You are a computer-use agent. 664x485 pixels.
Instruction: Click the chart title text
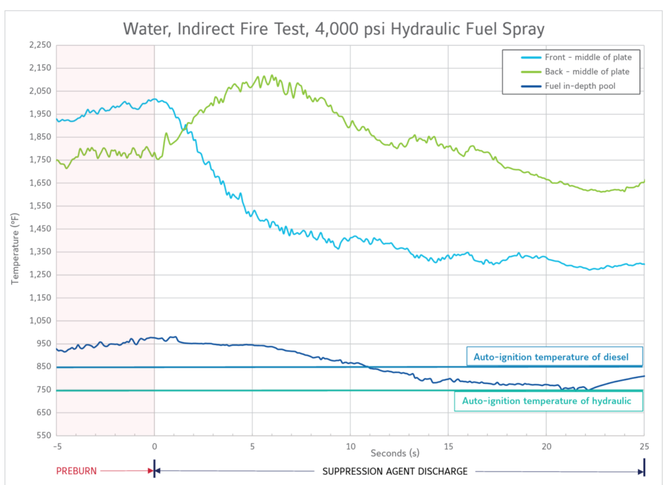click(x=331, y=28)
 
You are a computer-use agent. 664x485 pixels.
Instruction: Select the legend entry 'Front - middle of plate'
click(x=587, y=57)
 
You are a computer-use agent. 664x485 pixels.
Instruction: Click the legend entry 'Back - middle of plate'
click(x=587, y=71)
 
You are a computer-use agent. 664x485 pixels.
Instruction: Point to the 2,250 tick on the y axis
click(x=40, y=45)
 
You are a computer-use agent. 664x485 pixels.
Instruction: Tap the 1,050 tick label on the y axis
click(x=40, y=321)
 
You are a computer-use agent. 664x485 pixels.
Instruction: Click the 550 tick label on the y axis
click(x=44, y=435)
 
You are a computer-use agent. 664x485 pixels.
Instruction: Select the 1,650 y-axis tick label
click(x=40, y=183)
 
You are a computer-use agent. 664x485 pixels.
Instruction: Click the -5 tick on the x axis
click(x=57, y=446)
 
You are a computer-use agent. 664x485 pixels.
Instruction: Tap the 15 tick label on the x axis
click(x=448, y=446)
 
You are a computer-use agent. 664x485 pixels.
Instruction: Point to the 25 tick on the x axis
click(x=644, y=446)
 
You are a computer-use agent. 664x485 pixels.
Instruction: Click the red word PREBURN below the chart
click(x=76, y=471)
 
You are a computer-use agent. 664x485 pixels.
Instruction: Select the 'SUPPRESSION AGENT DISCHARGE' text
click(x=395, y=471)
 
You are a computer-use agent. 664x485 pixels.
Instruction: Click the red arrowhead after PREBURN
click(x=150, y=471)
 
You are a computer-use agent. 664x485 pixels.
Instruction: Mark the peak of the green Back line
click(x=272, y=76)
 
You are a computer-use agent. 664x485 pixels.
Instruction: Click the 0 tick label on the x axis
click(x=154, y=446)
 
